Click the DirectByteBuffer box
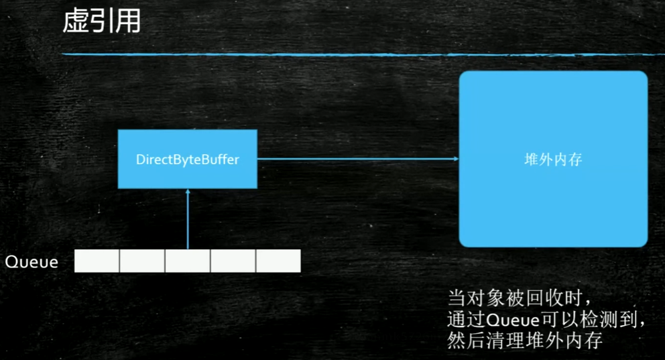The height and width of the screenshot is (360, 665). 188,160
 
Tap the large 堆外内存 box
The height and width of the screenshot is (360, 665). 553,201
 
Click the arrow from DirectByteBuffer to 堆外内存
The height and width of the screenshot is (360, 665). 355,159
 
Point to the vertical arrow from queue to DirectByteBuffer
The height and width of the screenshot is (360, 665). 188,221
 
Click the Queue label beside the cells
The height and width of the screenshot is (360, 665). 32,262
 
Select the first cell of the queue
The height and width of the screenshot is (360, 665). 97,261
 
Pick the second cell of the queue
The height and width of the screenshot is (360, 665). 142,261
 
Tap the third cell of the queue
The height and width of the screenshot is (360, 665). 188,261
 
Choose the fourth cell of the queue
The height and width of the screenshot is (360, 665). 233,261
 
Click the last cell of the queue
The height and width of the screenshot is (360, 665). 278,261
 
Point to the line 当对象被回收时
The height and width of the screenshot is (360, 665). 520,297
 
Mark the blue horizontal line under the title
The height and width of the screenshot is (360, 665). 362,54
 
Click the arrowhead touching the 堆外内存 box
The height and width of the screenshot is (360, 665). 456,159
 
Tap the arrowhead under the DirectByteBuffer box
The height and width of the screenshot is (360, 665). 188,192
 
